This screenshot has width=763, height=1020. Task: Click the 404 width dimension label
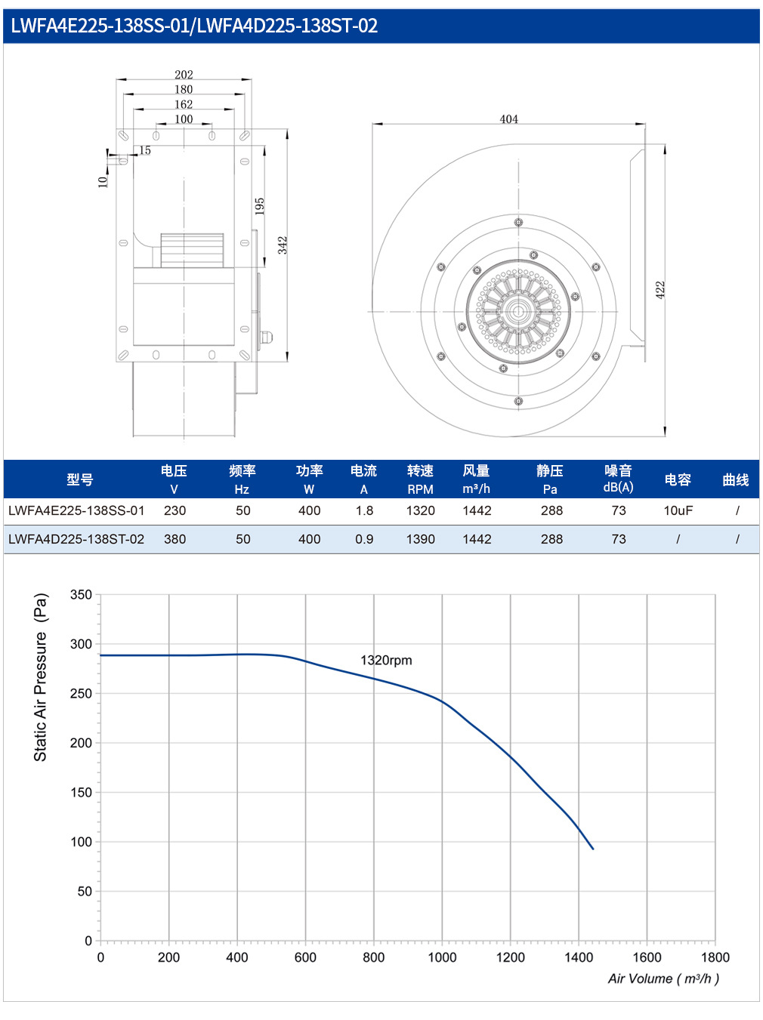[508, 119]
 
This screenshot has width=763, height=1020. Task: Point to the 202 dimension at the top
[184, 74]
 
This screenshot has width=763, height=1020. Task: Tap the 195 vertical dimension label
[259, 206]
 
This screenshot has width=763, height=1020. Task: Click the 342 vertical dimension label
[283, 245]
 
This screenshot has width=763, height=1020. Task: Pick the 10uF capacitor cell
[678, 510]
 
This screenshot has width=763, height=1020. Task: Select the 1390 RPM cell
[420, 539]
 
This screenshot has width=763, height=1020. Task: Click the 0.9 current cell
[364, 539]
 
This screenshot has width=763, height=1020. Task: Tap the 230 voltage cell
[175, 510]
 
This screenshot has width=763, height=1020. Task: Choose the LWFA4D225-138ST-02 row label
[76, 539]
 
